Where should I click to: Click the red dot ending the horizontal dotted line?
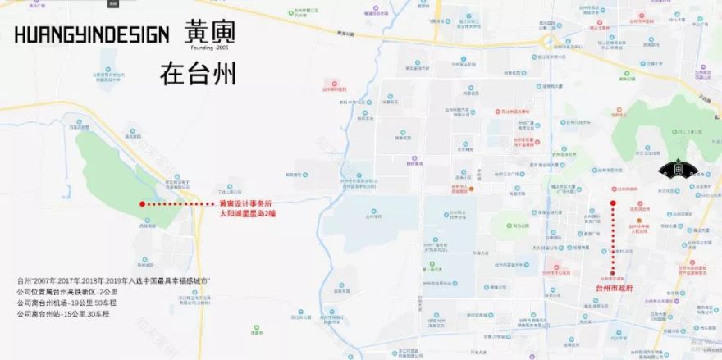(x=142, y=203)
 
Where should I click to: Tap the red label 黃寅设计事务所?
(x=245, y=203)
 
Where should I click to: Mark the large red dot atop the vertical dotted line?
(x=612, y=203)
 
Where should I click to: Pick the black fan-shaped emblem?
(x=679, y=169)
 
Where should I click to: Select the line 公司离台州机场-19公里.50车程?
(x=66, y=303)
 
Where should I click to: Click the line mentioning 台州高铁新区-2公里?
(x=66, y=292)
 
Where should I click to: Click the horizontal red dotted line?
(x=176, y=203)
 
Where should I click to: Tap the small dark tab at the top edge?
(x=113, y=3)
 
